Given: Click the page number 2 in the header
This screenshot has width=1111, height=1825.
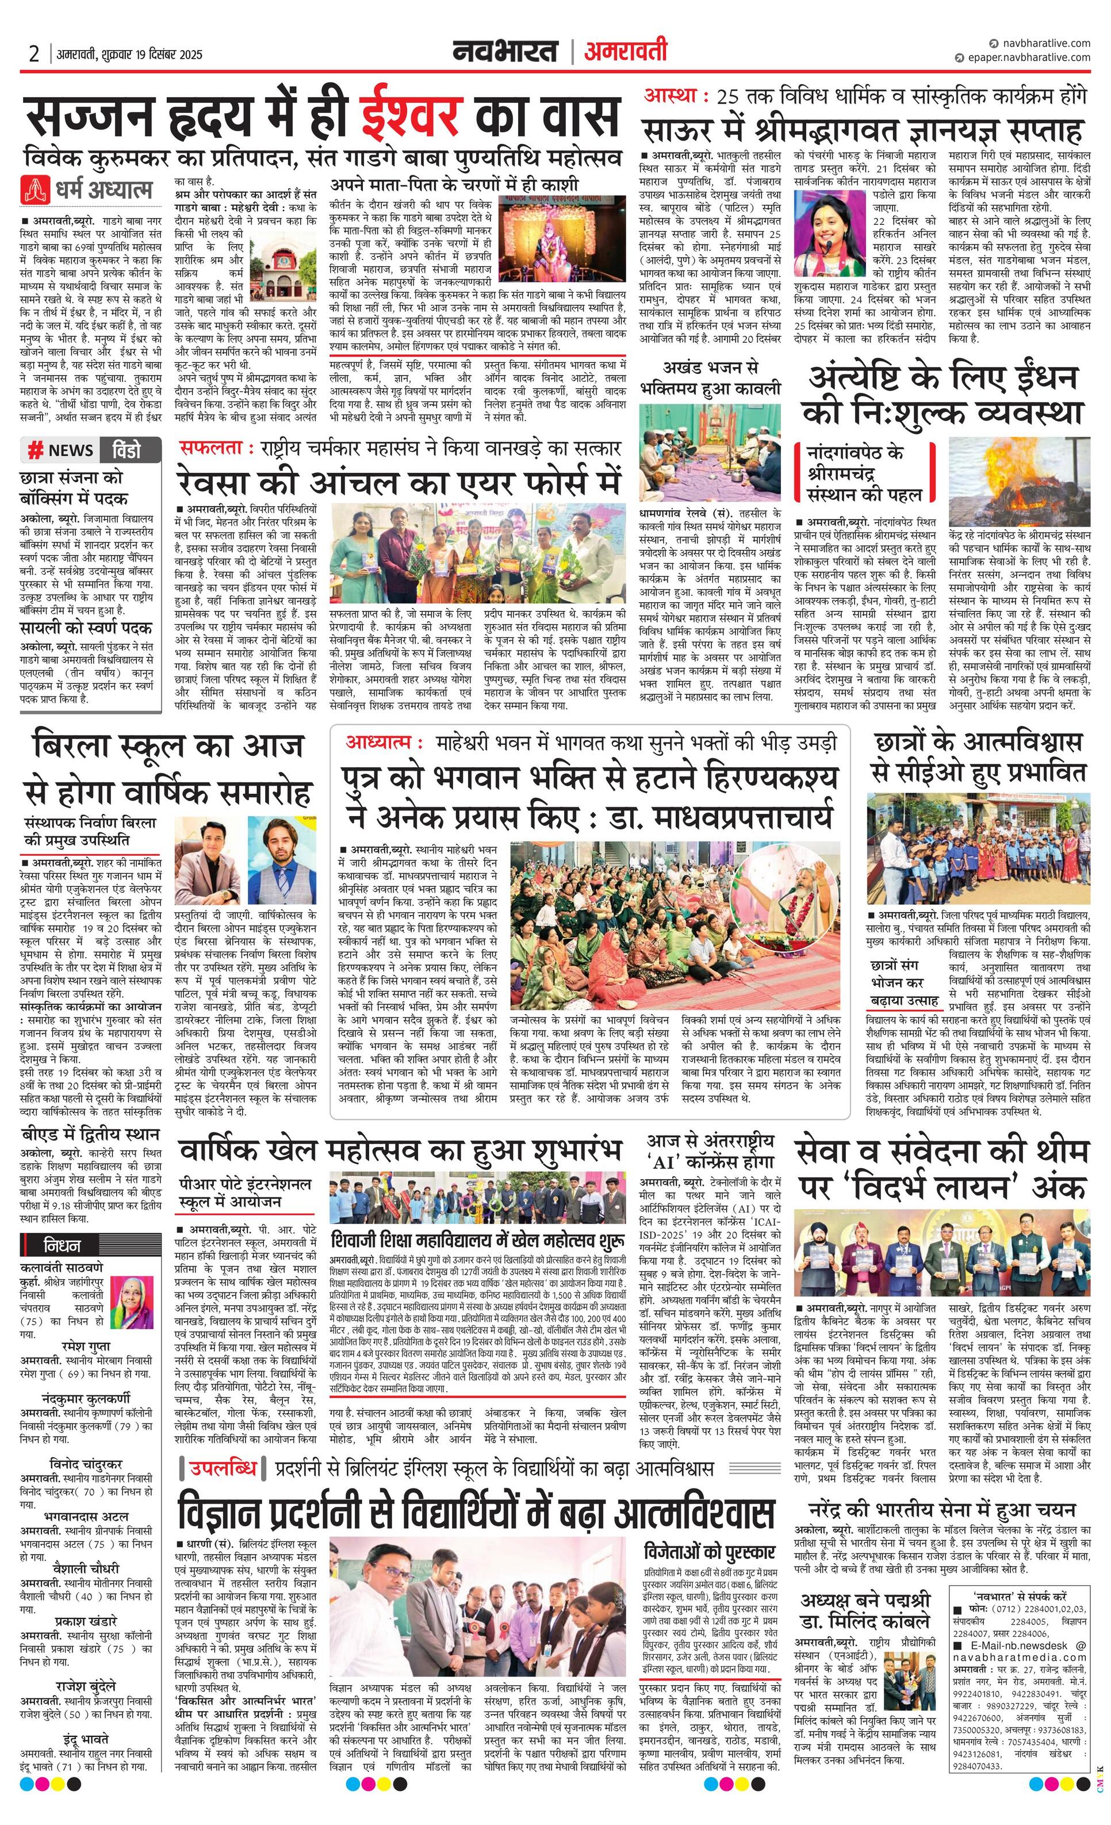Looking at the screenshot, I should pos(33,54).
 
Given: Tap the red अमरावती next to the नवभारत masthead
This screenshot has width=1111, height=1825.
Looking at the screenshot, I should pos(625,51).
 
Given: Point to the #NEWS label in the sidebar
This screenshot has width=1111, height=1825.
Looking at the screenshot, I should pos(62,450).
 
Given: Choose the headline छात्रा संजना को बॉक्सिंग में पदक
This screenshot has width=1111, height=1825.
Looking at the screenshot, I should pos(74,487).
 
